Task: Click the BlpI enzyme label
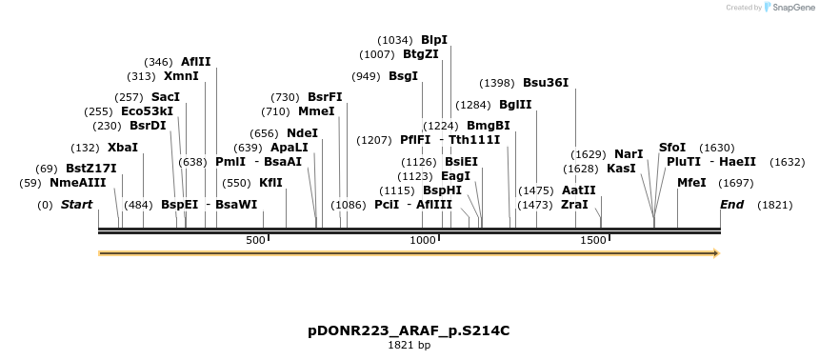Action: point(434,40)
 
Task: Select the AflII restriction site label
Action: point(195,62)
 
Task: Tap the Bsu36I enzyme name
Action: point(546,83)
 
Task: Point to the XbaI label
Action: point(123,148)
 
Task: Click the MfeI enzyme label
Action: point(691,182)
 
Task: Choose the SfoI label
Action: point(672,148)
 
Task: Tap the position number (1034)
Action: point(395,40)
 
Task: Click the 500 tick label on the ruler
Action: point(255,241)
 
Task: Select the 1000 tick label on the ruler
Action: point(422,241)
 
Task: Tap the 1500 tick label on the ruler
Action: point(592,241)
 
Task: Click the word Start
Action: point(79,205)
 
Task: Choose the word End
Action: point(731,205)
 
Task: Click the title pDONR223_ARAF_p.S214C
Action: point(409,330)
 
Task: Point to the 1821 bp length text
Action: point(409,345)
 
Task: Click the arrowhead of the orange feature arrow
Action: point(715,253)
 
